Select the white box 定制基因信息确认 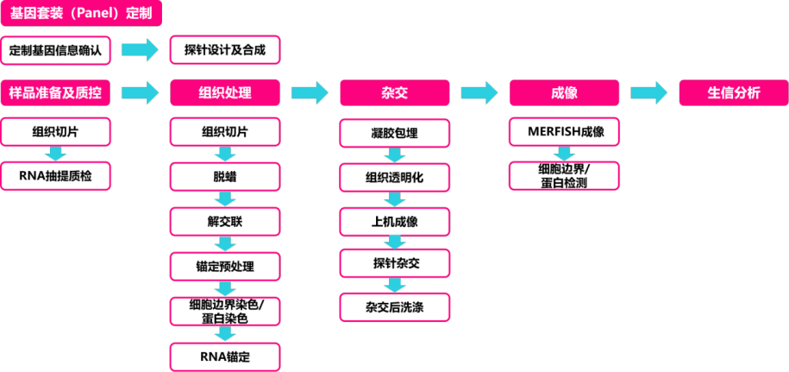tap(55, 50)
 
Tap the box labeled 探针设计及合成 tap(224, 50)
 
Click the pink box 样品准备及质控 tap(55, 92)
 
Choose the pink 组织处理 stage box tap(224, 92)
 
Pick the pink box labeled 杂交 tap(394, 92)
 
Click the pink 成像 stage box tap(564, 92)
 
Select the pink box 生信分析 tap(733, 92)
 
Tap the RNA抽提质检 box tap(55, 176)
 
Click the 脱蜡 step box tap(224, 176)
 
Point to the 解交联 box tap(224, 221)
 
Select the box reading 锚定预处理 tap(224, 266)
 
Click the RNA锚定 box tap(224, 356)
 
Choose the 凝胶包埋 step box tap(394, 134)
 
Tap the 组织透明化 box tap(394, 178)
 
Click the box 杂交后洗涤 tap(394, 306)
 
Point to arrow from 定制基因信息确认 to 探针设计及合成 tap(140, 50)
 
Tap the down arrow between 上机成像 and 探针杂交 tap(394, 243)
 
